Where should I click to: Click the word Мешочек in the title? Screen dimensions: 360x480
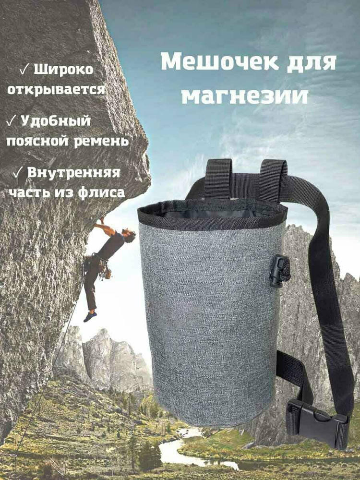click(219, 62)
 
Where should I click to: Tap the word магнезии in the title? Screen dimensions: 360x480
click(245, 96)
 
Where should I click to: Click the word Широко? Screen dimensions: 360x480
click(63, 70)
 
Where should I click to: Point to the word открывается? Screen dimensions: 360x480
click(56, 90)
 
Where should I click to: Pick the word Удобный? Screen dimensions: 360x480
click(56, 121)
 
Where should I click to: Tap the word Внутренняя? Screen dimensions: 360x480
click(74, 173)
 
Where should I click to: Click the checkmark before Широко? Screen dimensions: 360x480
click(24, 70)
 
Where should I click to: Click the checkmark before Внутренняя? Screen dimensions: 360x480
click(18, 173)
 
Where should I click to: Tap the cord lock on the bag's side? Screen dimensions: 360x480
click(280, 271)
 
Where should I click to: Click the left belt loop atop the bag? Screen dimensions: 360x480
click(218, 179)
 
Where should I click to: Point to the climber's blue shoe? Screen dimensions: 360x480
click(90, 316)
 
